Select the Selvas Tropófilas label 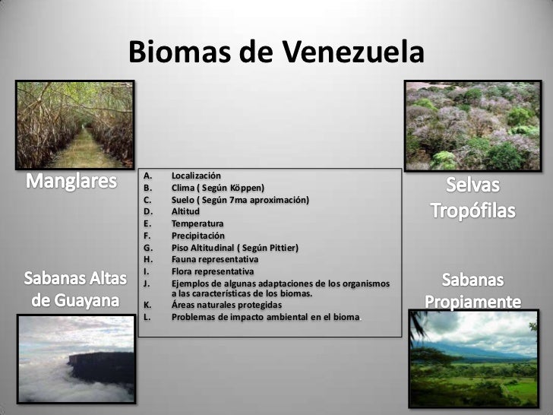coord(473,196)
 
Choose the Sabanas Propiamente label coord(473,290)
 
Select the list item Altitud coord(185,211)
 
